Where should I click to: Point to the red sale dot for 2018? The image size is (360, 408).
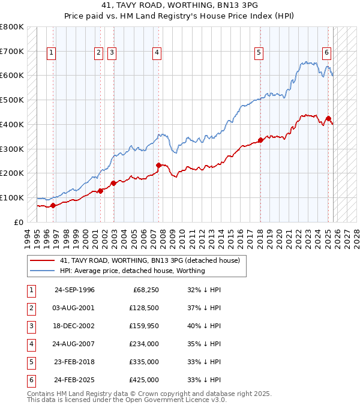(x=260, y=140)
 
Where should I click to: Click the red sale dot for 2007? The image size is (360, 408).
(x=158, y=165)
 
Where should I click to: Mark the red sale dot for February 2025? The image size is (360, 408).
(x=328, y=118)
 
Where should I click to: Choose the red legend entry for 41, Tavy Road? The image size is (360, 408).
(x=150, y=261)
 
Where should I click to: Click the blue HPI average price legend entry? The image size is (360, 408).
(x=132, y=271)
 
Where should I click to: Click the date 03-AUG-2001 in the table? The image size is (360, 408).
(x=75, y=308)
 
